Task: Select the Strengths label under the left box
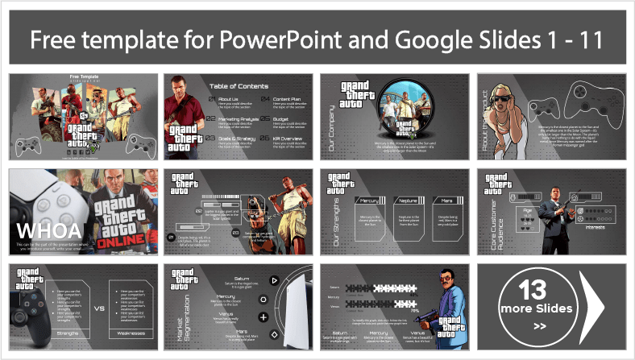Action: pyautogui.click(x=70, y=331)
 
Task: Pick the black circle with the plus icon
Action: pyautogui.click(x=262, y=298)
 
